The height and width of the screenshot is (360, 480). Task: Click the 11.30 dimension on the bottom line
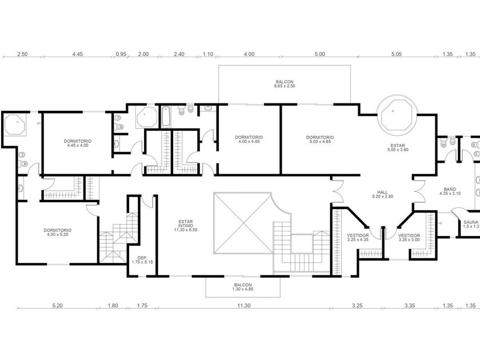244,305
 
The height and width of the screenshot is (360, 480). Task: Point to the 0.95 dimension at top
121,54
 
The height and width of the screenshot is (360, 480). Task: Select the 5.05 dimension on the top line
396,54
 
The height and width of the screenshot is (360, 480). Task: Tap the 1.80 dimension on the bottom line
113,305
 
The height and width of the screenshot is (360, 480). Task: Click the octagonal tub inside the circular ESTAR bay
397,114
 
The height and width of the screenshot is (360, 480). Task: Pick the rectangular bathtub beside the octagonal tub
166,117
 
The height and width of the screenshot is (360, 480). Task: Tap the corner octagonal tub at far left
14,125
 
